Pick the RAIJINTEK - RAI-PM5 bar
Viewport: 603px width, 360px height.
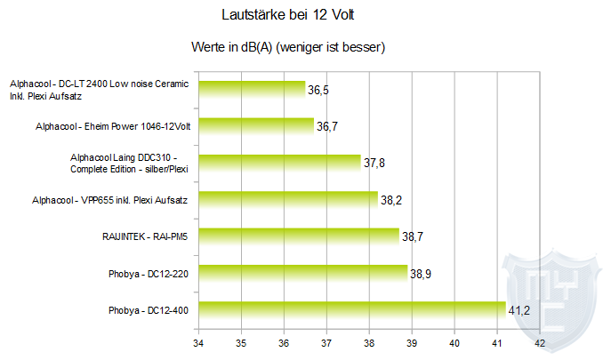point(299,236)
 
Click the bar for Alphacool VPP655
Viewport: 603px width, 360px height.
point(288,199)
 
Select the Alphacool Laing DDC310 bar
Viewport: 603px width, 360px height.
point(279,162)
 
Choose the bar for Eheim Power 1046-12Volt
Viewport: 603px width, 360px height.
point(256,125)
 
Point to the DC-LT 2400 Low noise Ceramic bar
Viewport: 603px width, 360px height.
point(252,88)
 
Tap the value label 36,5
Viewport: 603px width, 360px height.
point(319,90)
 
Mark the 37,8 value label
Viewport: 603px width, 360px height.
point(374,164)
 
